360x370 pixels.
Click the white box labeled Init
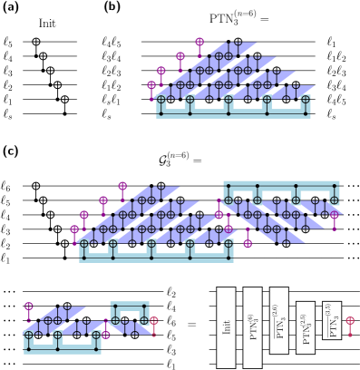pos(226,326)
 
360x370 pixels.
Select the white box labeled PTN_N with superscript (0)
pos(252,326)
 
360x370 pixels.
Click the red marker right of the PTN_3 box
pos(350,321)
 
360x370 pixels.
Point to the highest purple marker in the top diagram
pos(199,42)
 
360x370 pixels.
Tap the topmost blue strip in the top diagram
pos(228,50)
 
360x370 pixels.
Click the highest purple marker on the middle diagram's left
pos(122,186)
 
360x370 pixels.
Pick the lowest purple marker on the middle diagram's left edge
pos(74,229)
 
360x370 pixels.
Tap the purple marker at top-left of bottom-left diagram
pos(29,307)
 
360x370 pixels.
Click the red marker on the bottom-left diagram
pos(153,321)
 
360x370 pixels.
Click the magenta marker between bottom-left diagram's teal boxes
pos(105,335)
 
